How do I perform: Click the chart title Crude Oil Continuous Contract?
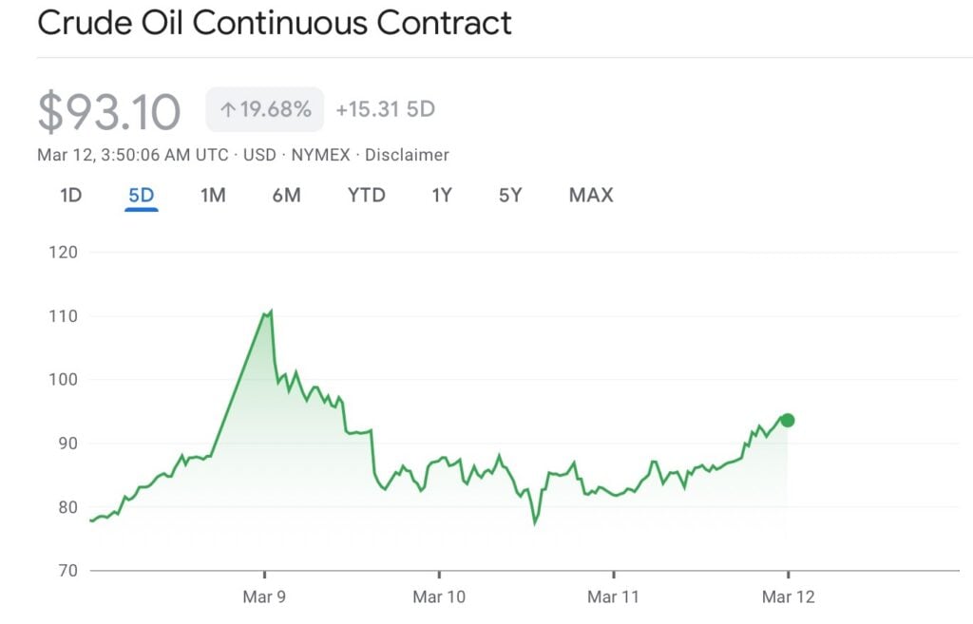point(274,23)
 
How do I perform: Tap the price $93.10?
point(108,111)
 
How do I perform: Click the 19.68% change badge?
point(265,109)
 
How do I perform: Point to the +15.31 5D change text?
point(385,109)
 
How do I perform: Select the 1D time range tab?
point(71,196)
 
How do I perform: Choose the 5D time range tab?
point(142,196)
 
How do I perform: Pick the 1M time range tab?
point(213,196)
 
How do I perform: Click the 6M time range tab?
point(286,196)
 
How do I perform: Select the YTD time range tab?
point(366,196)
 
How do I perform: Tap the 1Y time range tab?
point(441,196)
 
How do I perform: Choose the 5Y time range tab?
point(510,196)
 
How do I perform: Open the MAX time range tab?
point(591,196)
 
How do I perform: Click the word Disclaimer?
point(407,155)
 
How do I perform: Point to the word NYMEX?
point(321,155)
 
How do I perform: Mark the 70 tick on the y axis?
point(67,571)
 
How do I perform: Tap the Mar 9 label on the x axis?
point(264,597)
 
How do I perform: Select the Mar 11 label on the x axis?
point(614,597)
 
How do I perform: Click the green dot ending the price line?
point(787,420)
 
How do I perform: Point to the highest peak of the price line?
point(271,311)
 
